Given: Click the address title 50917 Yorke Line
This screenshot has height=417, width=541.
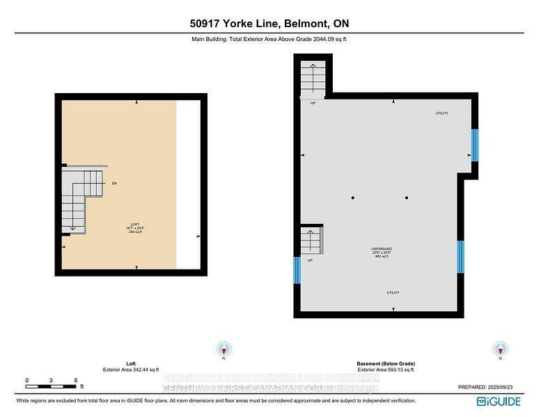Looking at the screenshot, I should pyautogui.click(x=270, y=24).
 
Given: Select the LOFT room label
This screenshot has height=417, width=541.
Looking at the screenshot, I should pyautogui.click(x=135, y=224).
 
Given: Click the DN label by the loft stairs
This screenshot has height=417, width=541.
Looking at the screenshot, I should pyautogui.click(x=113, y=183).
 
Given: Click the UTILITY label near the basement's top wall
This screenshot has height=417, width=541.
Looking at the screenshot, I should pyautogui.click(x=441, y=113).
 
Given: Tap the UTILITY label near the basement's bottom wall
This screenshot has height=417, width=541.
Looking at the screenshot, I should pyautogui.click(x=393, y=293).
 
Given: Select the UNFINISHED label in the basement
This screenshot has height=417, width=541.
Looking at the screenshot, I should pyautogui.click(x=381, y=248).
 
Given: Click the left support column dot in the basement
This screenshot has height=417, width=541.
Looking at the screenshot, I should pyautogui.click(x=353, y=198).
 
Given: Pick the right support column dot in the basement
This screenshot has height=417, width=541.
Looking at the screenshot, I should pyautogui.click(x=407, y=198).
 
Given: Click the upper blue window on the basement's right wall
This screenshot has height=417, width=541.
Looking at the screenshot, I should pyautogui.click(x=475, y=145).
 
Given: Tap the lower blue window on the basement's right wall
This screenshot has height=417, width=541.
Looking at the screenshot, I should pyautogui.click(x=460, y=256).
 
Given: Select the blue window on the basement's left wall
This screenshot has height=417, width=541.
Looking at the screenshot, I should pyautogui.click(x=297, y=270).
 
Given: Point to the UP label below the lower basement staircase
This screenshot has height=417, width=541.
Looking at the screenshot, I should pyautogui.click(x=310, y=261).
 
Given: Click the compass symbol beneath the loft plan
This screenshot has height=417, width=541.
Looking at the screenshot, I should pyautogui.click(x=223, y=349).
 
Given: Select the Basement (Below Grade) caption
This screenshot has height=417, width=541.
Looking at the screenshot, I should pyautogui.click(x=380, y=363).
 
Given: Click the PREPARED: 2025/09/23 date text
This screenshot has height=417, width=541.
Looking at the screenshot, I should pyautogui.click(x=488, y=386).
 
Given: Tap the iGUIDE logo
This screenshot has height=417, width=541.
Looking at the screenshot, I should pyautogui.click(x=501, y=402).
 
